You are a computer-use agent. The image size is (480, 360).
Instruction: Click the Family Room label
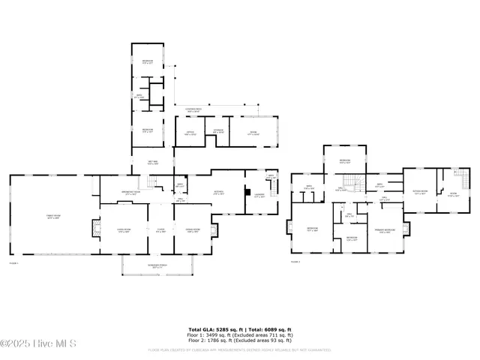click(55, 217)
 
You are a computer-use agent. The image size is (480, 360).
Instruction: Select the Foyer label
click(160, 230)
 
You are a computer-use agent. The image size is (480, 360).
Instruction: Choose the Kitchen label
click(220, 191)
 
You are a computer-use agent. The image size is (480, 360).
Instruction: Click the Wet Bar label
click(152, 162)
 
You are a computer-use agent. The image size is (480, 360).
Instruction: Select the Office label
click(191, 133)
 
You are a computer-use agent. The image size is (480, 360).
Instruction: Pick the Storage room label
click(218, 132)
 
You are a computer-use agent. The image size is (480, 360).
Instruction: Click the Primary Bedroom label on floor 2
click(385, 230)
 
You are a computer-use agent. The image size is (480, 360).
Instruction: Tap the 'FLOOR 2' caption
click(296, 262)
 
